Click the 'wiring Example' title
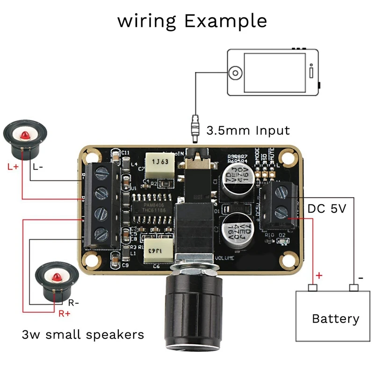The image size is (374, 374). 192,21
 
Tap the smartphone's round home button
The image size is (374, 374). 235,73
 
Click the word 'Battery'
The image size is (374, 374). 336,319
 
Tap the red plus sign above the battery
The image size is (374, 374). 319,275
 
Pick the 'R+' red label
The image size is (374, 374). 65,314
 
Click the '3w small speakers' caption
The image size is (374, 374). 83,335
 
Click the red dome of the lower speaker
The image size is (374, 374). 58,276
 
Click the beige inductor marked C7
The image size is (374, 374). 159,163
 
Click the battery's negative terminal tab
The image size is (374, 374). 354,287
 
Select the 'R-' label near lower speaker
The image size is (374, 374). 73,302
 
